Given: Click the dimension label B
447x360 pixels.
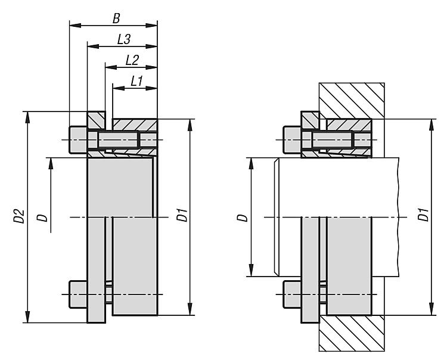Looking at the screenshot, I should click(116, 18).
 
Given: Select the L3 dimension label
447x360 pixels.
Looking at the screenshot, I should click(124, 40).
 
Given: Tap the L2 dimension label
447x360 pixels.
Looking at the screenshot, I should click(132, 60).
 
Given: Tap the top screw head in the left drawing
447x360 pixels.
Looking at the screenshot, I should click(78, 140).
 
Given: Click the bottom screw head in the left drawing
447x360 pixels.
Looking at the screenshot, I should click(78, 293).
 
